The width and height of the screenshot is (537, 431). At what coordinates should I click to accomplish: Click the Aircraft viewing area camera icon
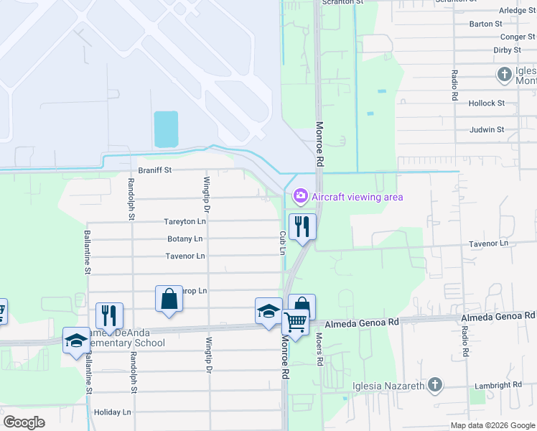click(300, 195)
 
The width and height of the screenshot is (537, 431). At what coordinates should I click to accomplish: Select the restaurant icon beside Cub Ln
click(302, 227)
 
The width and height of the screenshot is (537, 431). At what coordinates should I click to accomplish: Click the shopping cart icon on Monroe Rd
click(295, 322)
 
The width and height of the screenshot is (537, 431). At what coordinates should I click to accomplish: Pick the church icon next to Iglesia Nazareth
click(434, 386)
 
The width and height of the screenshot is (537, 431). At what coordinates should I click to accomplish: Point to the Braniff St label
click(156, 171)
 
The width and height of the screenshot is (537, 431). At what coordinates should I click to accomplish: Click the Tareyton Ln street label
click(185, 222)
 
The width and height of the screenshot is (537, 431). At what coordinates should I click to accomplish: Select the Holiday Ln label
click(113, 412)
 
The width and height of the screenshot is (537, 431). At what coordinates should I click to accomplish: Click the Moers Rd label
click(320, 350)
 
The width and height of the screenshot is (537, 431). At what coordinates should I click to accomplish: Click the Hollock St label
click(487, 103)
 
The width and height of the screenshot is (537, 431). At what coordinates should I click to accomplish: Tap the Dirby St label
click(507, 50)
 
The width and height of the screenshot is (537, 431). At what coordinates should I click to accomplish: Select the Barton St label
click(485, 24)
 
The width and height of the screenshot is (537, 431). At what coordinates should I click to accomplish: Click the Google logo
click(24, 422)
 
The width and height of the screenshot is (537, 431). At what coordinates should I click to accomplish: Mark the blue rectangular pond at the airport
click(166, 129)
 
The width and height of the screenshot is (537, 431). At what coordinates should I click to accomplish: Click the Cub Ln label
click(282, 242)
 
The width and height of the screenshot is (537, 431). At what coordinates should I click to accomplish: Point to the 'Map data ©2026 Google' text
click(492, 425)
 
